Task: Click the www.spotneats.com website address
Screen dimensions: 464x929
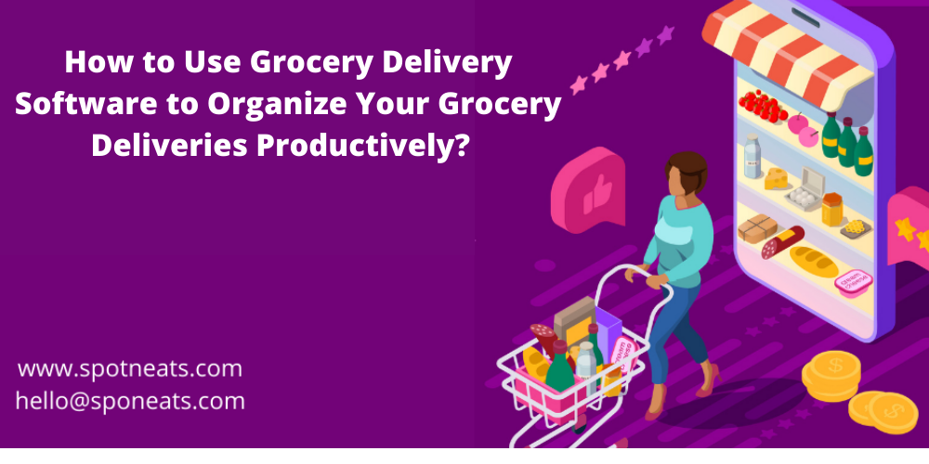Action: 130,368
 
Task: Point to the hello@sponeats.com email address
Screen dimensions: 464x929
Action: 130,401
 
